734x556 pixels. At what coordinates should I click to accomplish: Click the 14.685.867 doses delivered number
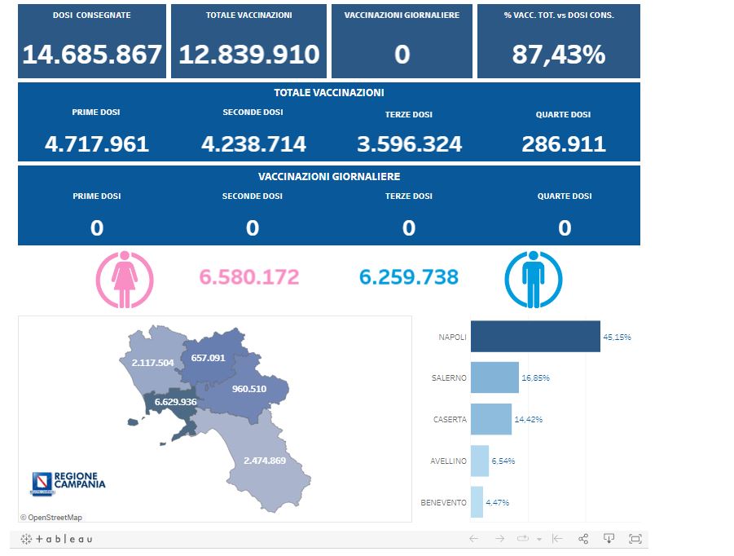(92, 55)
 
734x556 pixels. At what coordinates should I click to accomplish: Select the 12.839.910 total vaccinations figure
(249, 55)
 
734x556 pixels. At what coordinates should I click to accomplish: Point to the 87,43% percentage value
(559, 55)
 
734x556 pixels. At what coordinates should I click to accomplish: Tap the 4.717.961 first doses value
(97, 144)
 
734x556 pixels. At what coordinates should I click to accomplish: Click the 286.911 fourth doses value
(564, 144)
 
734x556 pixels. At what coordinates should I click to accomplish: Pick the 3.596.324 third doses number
(409, 144)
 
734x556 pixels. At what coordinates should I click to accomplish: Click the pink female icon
(125, 280)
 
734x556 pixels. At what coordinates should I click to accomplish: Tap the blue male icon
(534, 280)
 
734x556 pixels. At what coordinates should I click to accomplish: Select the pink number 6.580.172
(249, 277)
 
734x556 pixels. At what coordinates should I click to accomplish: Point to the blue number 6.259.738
(409, 277)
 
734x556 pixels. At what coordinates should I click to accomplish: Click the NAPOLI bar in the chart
(535, 337)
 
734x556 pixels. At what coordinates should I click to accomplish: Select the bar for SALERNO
(494, 377)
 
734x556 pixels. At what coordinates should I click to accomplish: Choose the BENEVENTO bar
(477, 502)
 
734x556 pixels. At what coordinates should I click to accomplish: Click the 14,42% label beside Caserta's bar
(529, 419)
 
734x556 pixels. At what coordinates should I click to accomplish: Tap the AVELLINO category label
(448, 461)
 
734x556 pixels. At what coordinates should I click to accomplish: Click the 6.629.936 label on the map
(176, 402)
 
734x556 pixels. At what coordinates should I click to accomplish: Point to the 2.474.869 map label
(265, 461)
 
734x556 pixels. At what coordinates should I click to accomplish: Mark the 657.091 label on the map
(208, 358)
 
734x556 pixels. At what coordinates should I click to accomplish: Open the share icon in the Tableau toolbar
(583, 539)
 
